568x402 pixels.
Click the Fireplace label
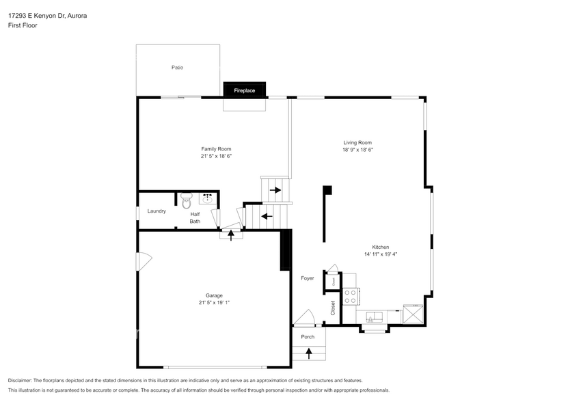[244, 90]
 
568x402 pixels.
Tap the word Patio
[177, 68]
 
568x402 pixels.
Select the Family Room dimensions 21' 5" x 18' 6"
[216, 156]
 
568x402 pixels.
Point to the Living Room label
[357, 142]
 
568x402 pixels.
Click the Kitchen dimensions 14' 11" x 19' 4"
[381, 254]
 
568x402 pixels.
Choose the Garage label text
[215, 295]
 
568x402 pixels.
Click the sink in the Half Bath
[208, 199]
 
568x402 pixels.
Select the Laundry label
[157, 211]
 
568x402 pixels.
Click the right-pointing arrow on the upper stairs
[275, 189]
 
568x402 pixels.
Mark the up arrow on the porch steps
[308, 353]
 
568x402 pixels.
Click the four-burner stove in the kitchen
[350, 296]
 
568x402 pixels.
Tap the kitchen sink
[374, 317]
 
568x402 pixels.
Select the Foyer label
[308, 278]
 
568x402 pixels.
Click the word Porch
[308, 336]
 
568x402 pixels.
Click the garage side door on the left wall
[144, 261]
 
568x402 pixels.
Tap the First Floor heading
[23, 25]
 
